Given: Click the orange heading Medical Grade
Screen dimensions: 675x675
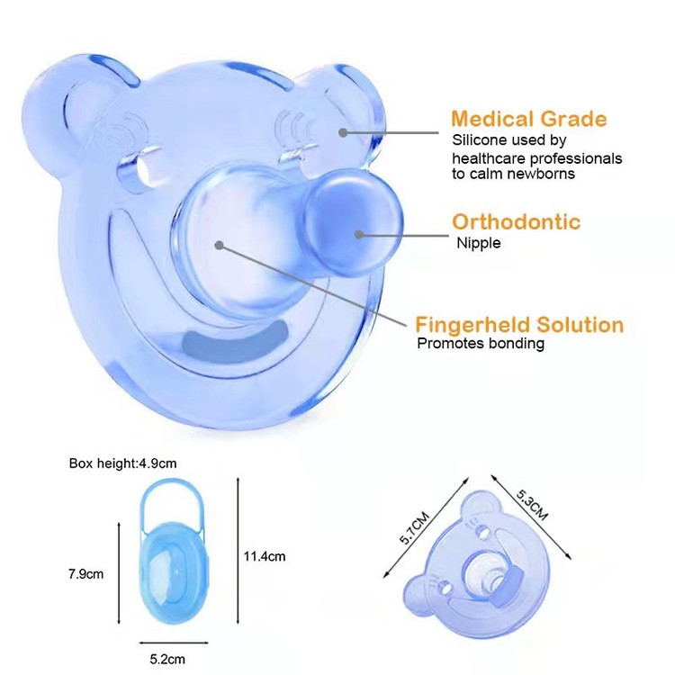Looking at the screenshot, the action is coord(528,119).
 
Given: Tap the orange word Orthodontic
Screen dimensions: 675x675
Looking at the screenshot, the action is coord(516,221).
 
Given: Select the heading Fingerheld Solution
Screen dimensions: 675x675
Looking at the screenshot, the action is coord(519,325).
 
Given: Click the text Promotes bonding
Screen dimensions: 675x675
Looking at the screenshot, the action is coord(481,344).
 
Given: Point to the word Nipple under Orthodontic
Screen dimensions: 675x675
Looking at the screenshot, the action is coord(478,243).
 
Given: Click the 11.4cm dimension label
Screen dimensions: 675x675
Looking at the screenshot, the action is coord(265,556).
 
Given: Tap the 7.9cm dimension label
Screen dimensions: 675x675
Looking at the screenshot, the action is coord(85,574).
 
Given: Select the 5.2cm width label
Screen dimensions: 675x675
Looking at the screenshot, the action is coord(167,659).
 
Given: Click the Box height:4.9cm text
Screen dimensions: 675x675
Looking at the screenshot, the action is coord(122,463).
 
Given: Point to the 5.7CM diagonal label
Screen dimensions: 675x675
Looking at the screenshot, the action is coord(414,528).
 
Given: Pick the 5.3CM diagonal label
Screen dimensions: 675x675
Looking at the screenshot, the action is coord(532,505).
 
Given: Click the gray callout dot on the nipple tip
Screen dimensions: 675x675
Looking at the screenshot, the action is coord(358,235).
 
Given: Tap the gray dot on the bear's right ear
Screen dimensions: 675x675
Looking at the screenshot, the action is coord(343,132).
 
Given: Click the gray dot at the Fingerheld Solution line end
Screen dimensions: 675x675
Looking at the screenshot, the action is coord(219,246).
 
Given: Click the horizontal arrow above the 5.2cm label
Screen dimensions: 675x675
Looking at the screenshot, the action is coord(174,643).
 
